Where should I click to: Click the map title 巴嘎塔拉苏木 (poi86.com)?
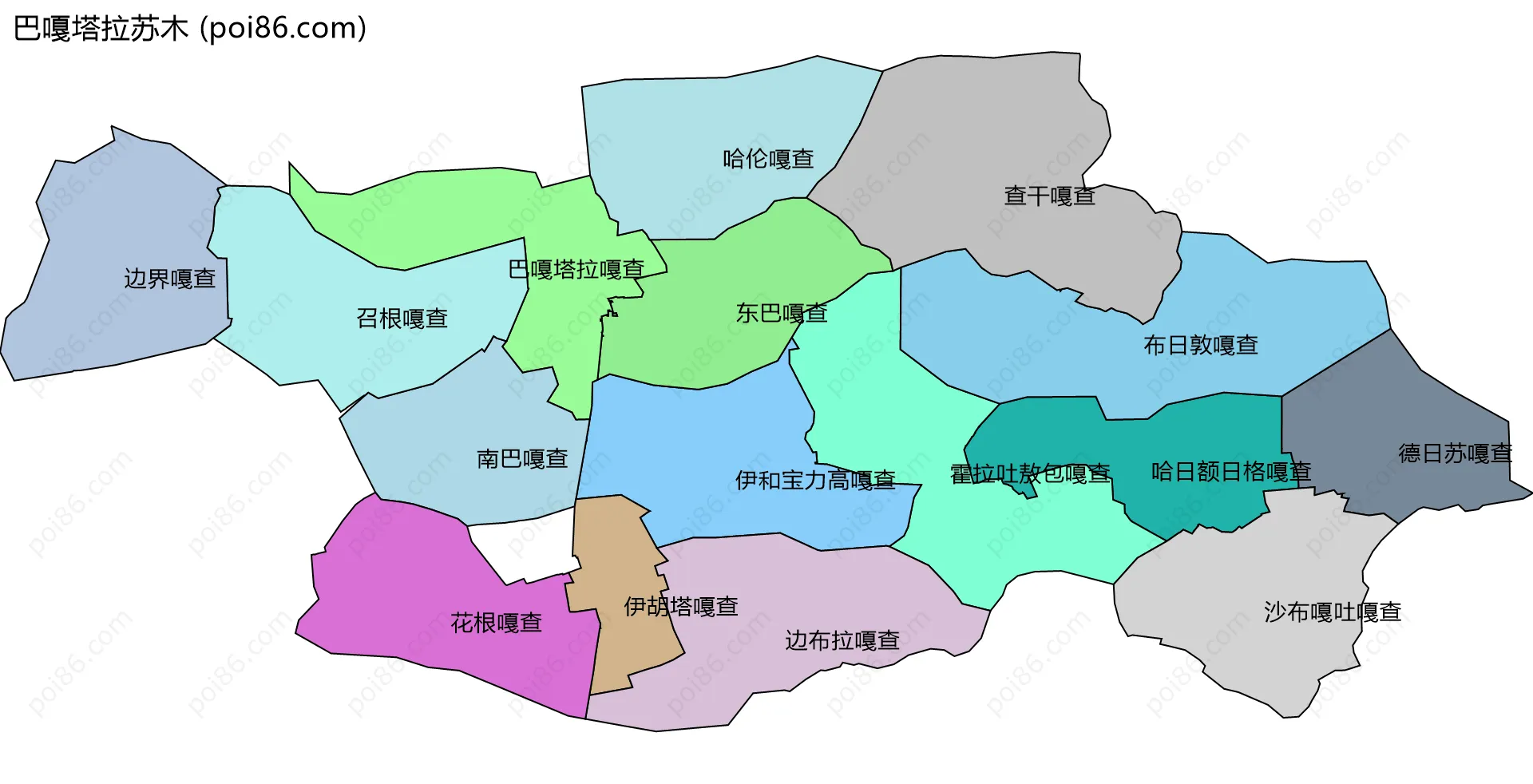tap(190, 29)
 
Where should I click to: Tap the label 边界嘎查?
tap(170, 279)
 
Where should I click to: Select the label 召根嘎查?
tap(402, 319)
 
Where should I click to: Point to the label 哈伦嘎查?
tap(768, 159)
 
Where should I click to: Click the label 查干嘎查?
tap(1049, 196)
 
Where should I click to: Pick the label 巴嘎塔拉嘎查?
tap(576, 269)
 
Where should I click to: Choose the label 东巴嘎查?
tap(782, 313)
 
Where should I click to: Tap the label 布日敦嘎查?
tap(1201, 345)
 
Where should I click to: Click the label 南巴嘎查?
tap(522, 458)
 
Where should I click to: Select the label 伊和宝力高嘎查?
tap(815, 480)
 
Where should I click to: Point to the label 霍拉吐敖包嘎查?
tap(1030, 473)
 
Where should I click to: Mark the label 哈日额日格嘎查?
tap(1231, 472)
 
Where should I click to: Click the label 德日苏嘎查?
tap(1456, 453)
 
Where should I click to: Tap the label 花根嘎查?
tap(497, 623)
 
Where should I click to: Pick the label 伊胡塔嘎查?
tap(681, 607)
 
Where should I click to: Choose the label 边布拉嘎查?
tap(842, 640)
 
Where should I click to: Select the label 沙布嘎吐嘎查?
tap(1333, 612)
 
